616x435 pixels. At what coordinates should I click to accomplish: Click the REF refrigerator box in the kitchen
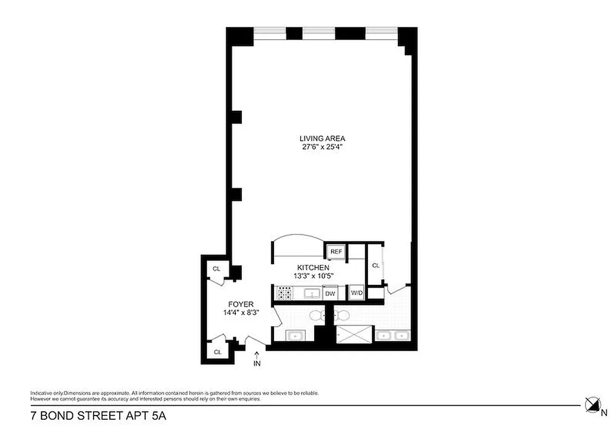tap(336, 252)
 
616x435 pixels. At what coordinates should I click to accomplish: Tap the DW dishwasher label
tap(330, 293)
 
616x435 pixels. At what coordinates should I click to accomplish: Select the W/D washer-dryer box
tap(357, 293)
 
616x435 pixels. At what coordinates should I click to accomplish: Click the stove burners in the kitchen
tap(284, 294)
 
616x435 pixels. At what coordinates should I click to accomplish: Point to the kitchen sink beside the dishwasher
tap(312, 294)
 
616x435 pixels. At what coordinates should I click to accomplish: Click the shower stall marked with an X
tap(354, 334)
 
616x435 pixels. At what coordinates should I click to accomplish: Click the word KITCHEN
tap(313, 268)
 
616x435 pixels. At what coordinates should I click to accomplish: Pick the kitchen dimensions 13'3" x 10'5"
tap(313, 276)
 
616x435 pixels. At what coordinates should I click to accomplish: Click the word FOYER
tap(240, 304)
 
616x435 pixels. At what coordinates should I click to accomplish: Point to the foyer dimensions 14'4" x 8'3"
tap(240, 312)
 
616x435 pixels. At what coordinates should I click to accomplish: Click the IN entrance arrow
tap(257, 359)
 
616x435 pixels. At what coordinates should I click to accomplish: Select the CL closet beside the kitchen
tap(375, 265)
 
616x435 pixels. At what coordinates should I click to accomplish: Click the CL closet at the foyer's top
tap(216, 269)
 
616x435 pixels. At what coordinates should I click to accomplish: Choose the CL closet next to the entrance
tap(218, 352)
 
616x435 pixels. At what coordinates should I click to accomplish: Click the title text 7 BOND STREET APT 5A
tap(97, 417)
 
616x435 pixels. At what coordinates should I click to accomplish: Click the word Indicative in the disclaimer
tap(42, 393)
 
